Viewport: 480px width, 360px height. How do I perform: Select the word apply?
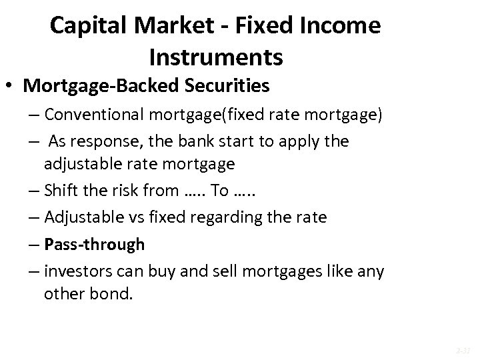point(300,142)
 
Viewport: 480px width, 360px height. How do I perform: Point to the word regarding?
point(225,217)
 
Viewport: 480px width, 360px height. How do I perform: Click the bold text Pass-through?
point(94,245)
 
